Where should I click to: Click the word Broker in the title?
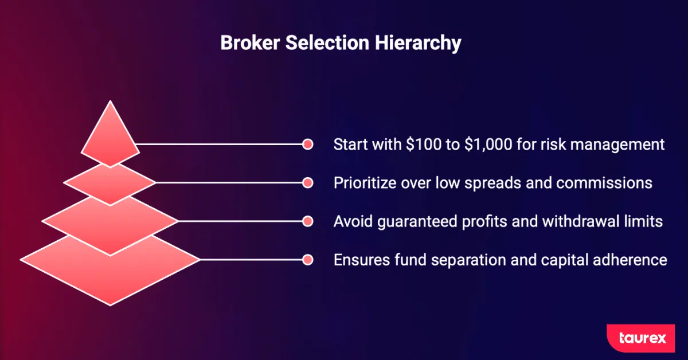point(250,42)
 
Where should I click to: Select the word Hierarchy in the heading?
point(418,44)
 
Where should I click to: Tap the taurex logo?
point(641,338)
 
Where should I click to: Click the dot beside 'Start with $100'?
point(307,144)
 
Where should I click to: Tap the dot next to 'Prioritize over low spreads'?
point(307,183)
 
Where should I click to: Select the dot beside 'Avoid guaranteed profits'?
point(307,221)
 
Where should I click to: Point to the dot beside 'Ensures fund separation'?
point(307,260)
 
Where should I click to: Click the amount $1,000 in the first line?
point(488,144)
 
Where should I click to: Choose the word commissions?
point(604,183)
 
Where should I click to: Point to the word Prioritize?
point(365,183)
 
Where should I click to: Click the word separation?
point(468,260)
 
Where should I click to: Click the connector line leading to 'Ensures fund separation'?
point(251,260)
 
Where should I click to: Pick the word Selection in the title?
point(327,42)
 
